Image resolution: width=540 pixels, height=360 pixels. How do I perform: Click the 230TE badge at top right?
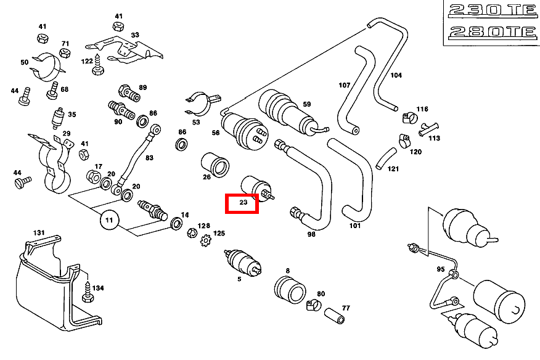click(x=489, y=10)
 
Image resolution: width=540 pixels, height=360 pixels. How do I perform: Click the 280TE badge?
click(x=489, y=33)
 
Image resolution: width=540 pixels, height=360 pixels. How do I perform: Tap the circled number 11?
click(x=109, y=220)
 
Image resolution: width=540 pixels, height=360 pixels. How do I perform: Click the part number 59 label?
click(x=307, y=105)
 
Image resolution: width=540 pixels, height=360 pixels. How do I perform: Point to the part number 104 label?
click(x=396, y=75)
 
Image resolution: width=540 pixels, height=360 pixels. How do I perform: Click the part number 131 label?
click(x=39, y=233)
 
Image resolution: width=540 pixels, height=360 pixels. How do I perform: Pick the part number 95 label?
click(x=440, y=269)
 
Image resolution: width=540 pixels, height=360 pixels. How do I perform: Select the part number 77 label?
click(x=346, y=307)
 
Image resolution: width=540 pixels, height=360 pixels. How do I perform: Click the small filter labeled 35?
click(x=59, y=117)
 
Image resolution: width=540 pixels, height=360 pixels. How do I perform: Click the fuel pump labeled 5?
click(x=243, y=261)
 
